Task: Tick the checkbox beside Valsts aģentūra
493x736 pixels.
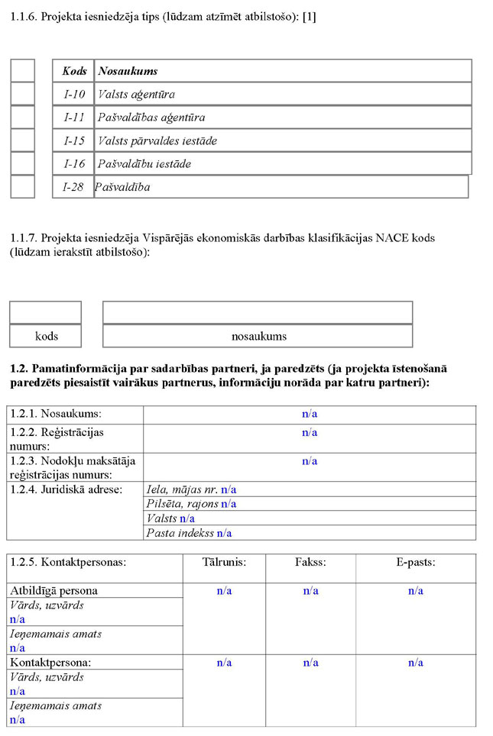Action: [23, 94]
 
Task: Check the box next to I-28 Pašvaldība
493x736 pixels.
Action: [23, 186]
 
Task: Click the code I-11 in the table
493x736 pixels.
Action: [74, 118]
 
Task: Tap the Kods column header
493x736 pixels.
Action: [74, 71]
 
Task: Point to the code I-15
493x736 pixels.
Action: [74, 140]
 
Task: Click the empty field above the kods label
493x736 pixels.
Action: [45, 312]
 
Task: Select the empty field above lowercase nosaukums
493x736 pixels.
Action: [258, 312]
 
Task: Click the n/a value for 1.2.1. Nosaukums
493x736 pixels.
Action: [310, 414]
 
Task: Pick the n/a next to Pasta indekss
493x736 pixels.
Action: [225, 533]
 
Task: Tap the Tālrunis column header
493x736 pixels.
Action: [224, 562]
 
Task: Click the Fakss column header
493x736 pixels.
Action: [310, 562]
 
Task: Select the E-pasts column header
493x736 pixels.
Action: [415, 562]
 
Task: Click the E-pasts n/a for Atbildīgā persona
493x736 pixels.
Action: [416, 591]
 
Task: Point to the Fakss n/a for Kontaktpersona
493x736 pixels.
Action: [310, 663]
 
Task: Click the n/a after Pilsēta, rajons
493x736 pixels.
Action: [229, 504]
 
